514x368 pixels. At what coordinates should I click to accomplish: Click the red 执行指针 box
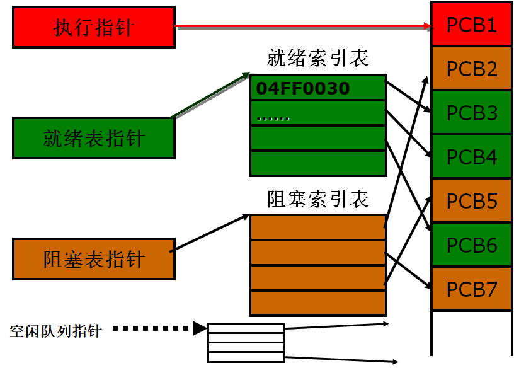click(x=94, y=27)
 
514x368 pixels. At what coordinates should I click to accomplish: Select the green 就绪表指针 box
click(x=94, y=138)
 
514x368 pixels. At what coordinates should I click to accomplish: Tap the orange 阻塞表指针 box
click(x=94, y=259)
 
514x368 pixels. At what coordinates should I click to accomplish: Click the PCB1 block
click(x=472, y=25)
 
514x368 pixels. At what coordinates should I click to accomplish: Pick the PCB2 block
click(x=472, y=69)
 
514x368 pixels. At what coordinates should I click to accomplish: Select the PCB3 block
click(x=472, y=113)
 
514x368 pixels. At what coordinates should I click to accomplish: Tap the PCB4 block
click(x=472, y=157)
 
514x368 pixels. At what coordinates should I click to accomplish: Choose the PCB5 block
click(x=472, y=201)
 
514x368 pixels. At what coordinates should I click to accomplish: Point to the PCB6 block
click(x=472, y=245)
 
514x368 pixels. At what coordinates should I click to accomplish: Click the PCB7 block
click(x=472, y=289)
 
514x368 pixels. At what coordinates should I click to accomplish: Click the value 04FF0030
click(x=302, y=88)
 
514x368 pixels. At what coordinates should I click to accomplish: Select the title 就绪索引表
click(x=317, y=60)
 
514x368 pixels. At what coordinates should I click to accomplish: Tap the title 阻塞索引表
click(x=317, y=200)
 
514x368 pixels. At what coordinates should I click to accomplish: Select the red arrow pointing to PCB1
click(x=302, y=27)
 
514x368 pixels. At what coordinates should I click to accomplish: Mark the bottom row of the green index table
click(x=317, y=163)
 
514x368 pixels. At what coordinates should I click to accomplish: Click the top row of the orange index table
click(x=317, y=227)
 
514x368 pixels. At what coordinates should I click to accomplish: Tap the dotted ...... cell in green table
click(x=317, y=114)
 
